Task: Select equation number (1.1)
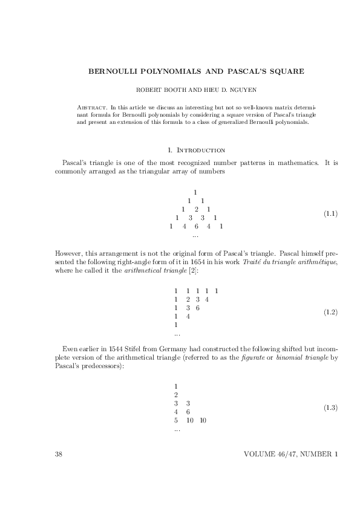point(330,214)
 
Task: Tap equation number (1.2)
point(330,312)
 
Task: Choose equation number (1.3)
point(330,407)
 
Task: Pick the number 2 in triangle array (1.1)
point(196,209)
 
